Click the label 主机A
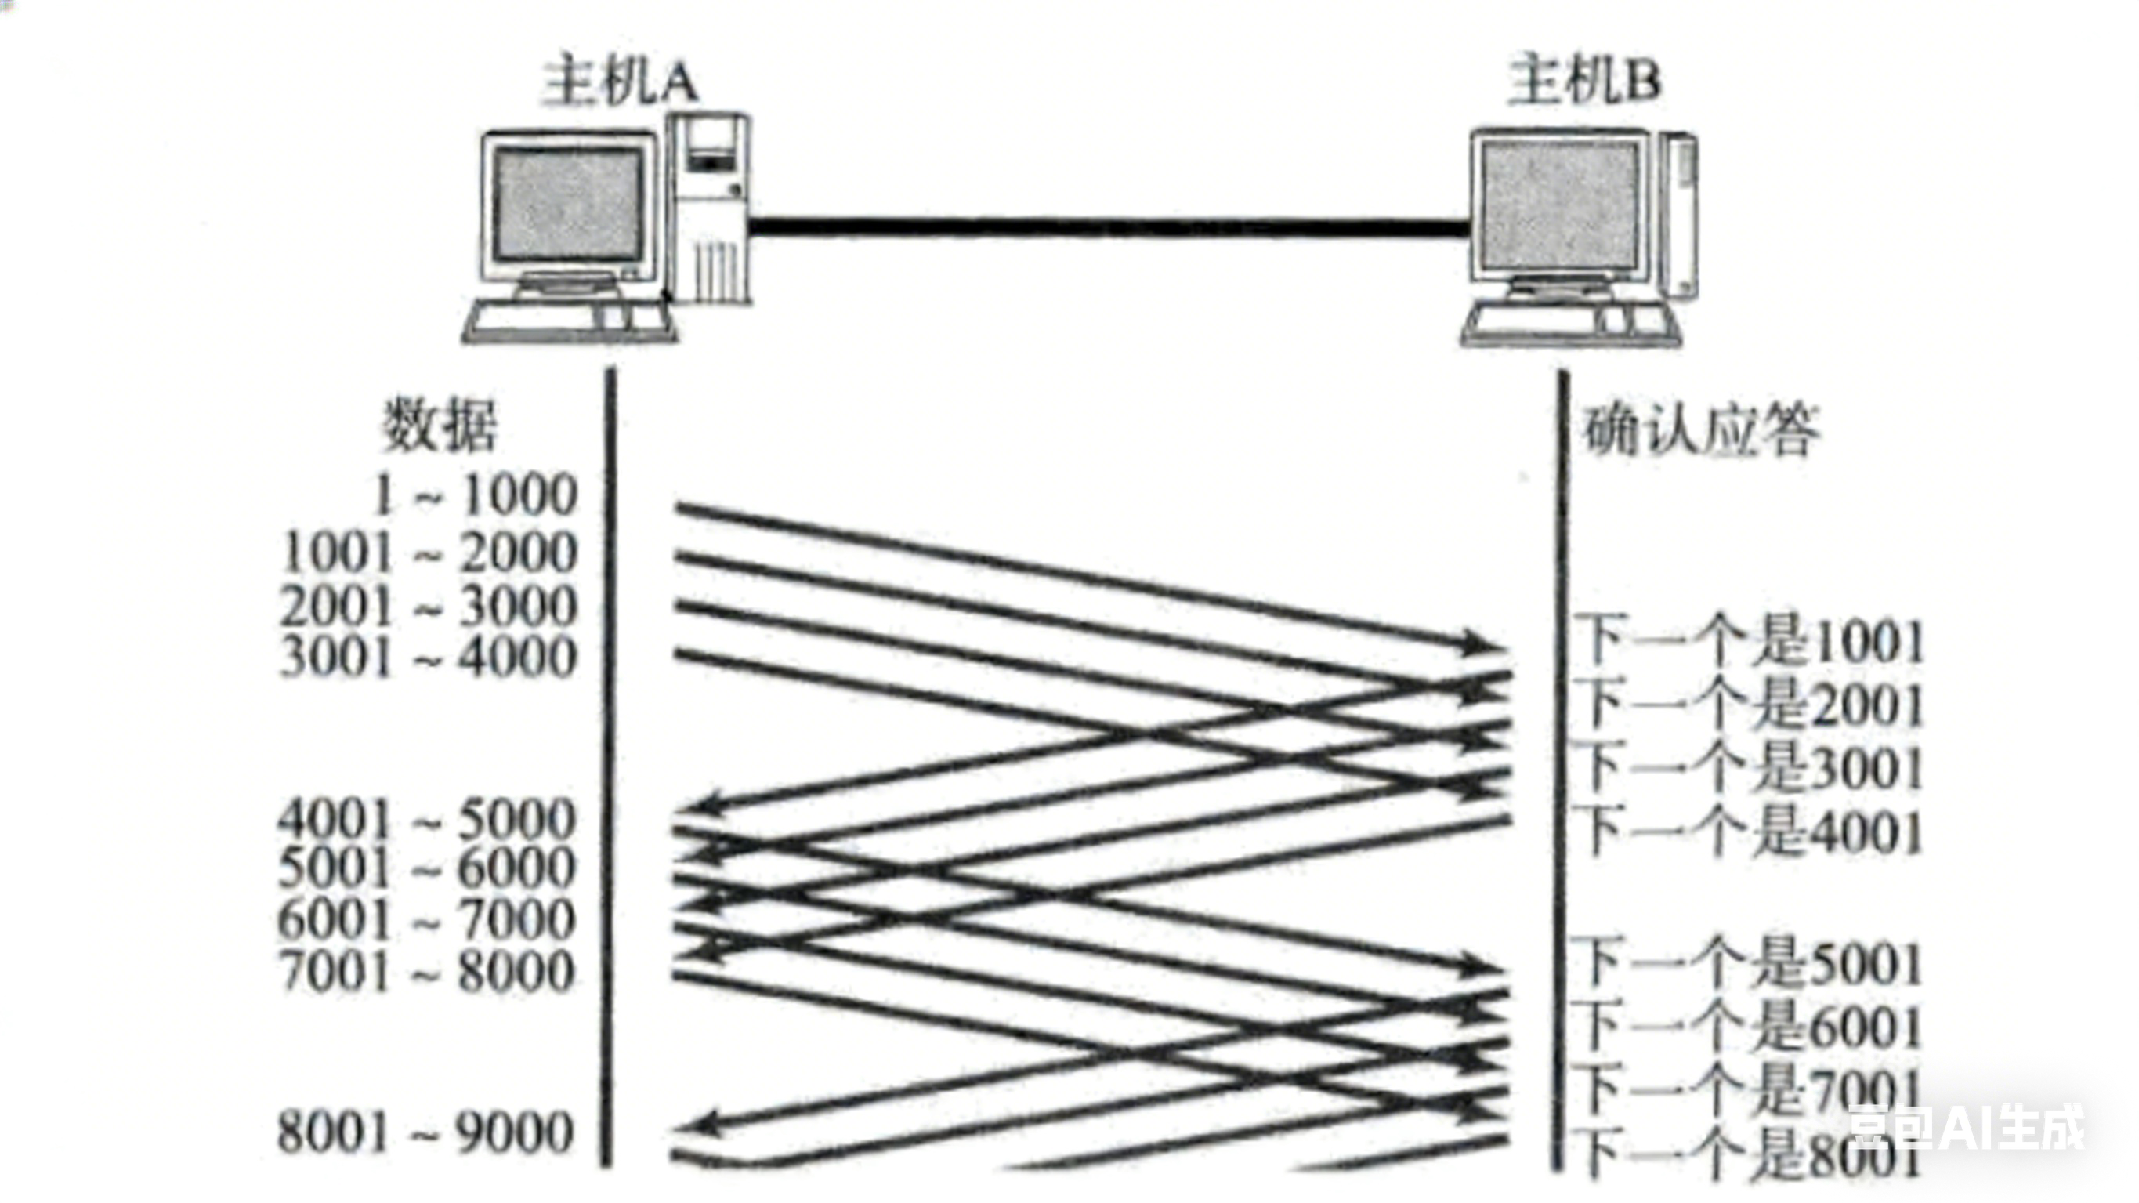tap(619, 82)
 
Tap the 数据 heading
tap(440, 426)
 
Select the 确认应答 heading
tap(1700, 430)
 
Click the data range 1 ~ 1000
tap(475, 495)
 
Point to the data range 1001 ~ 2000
tap(429, 553)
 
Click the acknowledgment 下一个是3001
tap(1750, 769)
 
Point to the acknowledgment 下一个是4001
tap(1750, 832)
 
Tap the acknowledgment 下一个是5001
tap(1750, 966)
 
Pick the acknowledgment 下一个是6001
tap(1750, 1028)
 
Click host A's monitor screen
tap(568, 205)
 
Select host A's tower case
tap(710, 208)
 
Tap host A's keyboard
tap(570, 320)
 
